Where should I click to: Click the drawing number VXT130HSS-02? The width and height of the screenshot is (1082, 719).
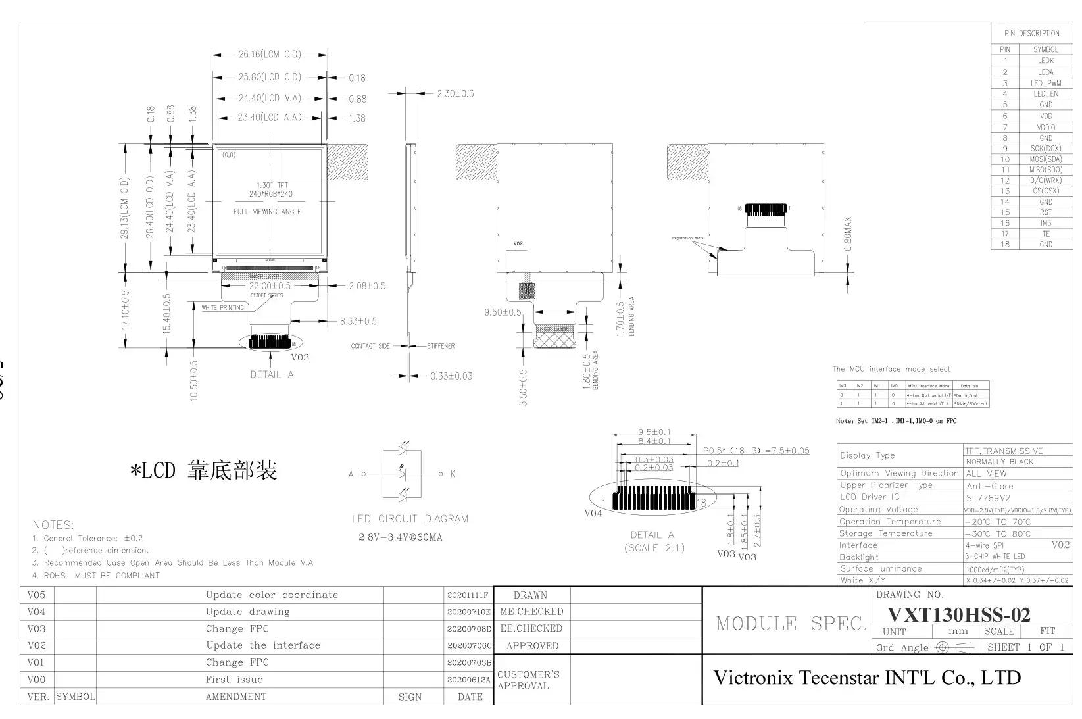tap(959, 614)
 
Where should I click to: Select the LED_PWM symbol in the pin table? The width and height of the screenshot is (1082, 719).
tap(1045, 83)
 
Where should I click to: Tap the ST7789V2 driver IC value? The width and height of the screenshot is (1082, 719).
tap(988, 497)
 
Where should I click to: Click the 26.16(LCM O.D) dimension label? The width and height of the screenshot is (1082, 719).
tap(269, 55)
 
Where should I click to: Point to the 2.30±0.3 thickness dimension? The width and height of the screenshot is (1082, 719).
tap(455, 93)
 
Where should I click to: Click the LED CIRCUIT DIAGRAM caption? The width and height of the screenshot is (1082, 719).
tap(410, 518)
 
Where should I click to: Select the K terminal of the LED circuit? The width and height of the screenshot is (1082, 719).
tap(453, 474)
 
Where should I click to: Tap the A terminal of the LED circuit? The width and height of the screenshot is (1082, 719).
tap(351, 474)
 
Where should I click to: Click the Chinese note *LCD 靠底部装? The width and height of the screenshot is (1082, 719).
tap(203, 470)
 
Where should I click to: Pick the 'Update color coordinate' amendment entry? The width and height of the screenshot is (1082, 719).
tap(272, 595)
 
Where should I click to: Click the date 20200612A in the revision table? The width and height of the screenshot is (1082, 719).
tap(469, 680)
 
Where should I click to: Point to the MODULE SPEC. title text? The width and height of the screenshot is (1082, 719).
tap(791, 624)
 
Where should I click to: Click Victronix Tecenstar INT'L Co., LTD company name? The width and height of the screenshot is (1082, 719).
tap(867, 678)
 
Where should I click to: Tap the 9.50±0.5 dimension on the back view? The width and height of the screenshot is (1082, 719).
tap(503, 312)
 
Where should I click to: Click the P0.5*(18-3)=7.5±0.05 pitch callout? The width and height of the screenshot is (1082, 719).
tap(756, 451)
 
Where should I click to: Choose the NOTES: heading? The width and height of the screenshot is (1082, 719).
tap(53, 525)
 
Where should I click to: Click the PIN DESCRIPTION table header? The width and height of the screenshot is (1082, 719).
tap(1031, 33)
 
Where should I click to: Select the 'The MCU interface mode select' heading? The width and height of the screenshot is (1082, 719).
tap(891, 369)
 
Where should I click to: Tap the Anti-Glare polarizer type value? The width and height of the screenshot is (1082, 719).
tap(989, 486)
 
